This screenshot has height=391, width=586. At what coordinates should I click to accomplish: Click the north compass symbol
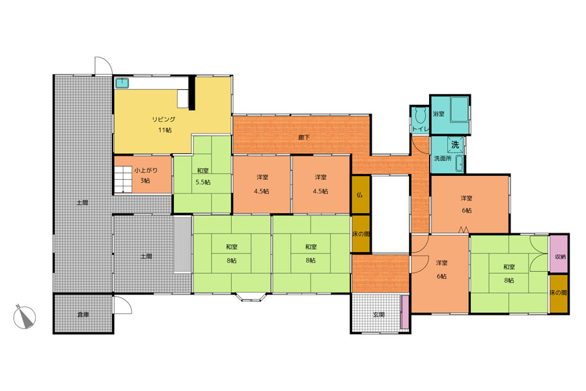coord(24,317)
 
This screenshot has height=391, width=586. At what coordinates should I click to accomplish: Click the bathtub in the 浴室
coord(460,109)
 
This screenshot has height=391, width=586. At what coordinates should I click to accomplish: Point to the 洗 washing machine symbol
coord(456,145)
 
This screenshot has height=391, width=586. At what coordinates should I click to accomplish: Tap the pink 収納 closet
coord(559,253)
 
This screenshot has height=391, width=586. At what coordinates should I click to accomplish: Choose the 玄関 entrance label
coord(378,315)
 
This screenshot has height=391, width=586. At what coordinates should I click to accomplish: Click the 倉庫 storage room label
coord(83,315)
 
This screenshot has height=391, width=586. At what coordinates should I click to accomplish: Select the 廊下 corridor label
coord(304,138)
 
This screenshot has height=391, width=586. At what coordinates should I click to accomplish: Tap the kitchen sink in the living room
coord(122,83)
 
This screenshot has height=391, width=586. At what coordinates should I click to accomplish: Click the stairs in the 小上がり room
coord(122,180)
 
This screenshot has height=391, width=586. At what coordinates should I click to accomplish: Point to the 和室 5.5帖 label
coord(203,176)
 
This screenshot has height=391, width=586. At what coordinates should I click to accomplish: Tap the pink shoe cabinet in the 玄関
coord(404,312)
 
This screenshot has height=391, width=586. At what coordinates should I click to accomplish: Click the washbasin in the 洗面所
coord(460,164)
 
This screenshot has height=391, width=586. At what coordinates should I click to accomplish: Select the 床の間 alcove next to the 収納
coord(559,293)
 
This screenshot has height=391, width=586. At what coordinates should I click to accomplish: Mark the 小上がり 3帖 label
coord(146,175)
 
